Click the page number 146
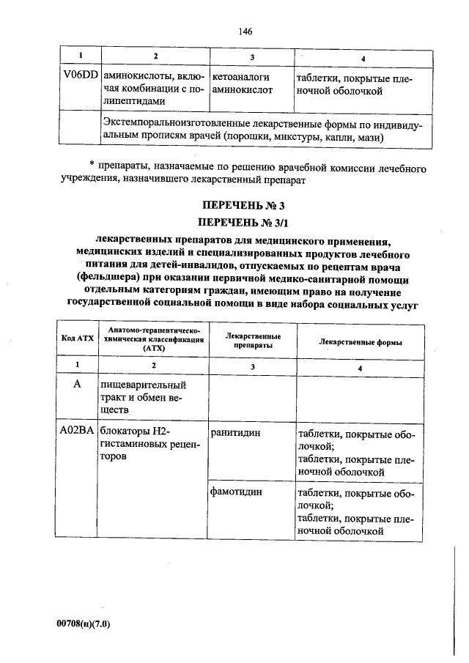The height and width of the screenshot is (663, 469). (x=245, y=31)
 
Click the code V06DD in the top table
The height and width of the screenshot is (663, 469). (x=79, y=76)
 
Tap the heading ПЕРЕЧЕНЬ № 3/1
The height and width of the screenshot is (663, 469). (x=245, y=221)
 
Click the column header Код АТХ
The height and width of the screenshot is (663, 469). (x=76, y=338)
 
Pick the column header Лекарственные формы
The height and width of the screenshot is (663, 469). (x=360, y=341)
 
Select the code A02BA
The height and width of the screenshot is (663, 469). (x=77, y=433)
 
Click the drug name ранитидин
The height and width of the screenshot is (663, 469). (x=236, y=433)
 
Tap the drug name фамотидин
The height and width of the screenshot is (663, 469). (x=237, y=492)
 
